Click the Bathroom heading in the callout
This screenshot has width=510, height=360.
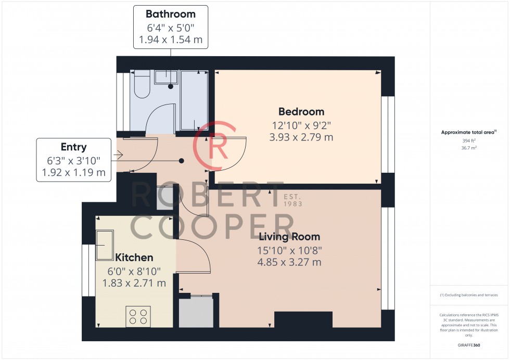click(x=171, y=14)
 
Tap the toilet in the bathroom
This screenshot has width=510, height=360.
click(x=142, y=85)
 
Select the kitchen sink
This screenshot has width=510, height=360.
click(x=105, y=245)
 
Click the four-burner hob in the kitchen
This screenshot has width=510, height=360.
click(x=138, y=316)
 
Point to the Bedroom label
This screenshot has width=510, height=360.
click(x=301, y=111)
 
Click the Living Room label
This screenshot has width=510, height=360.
click(x=289, y=237)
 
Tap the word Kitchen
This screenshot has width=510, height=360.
click(x=134, y=258)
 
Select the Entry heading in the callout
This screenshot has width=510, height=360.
click(x=73, y=147)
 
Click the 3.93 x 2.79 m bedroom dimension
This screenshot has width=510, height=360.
click(x=301, y=137)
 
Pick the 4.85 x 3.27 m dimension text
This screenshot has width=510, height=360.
click(x=289, y=262)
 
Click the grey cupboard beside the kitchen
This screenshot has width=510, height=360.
click(x=196, y=312)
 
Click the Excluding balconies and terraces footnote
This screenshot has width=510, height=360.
click(x=469, y=295)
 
